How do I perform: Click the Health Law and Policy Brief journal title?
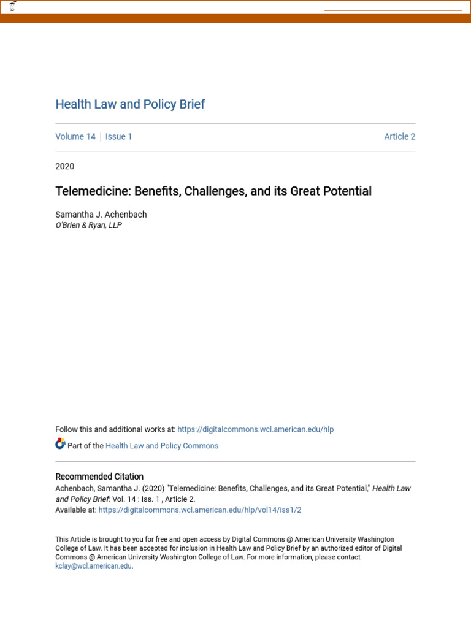point(130,104)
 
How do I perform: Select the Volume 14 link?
point(75,137)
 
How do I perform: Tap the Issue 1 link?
point(118,137)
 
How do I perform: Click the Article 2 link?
point(399,137)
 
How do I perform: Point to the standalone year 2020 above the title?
point(64,166)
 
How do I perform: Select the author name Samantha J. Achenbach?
point(101,215)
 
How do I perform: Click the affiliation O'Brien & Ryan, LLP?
point(88,225)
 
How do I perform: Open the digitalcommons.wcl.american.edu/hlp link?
point(255,429)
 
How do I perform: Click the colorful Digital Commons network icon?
point(60,444)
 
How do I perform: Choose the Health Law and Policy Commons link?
point(162,446)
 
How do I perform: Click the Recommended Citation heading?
point(99,477)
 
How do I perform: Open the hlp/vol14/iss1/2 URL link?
point(199,510)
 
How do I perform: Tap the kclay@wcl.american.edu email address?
point(93,566)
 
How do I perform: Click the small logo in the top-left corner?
point(13,6)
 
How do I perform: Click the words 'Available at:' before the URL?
point(75,510)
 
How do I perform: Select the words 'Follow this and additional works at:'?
point(115,429)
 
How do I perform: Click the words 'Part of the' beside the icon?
point(85,446)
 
